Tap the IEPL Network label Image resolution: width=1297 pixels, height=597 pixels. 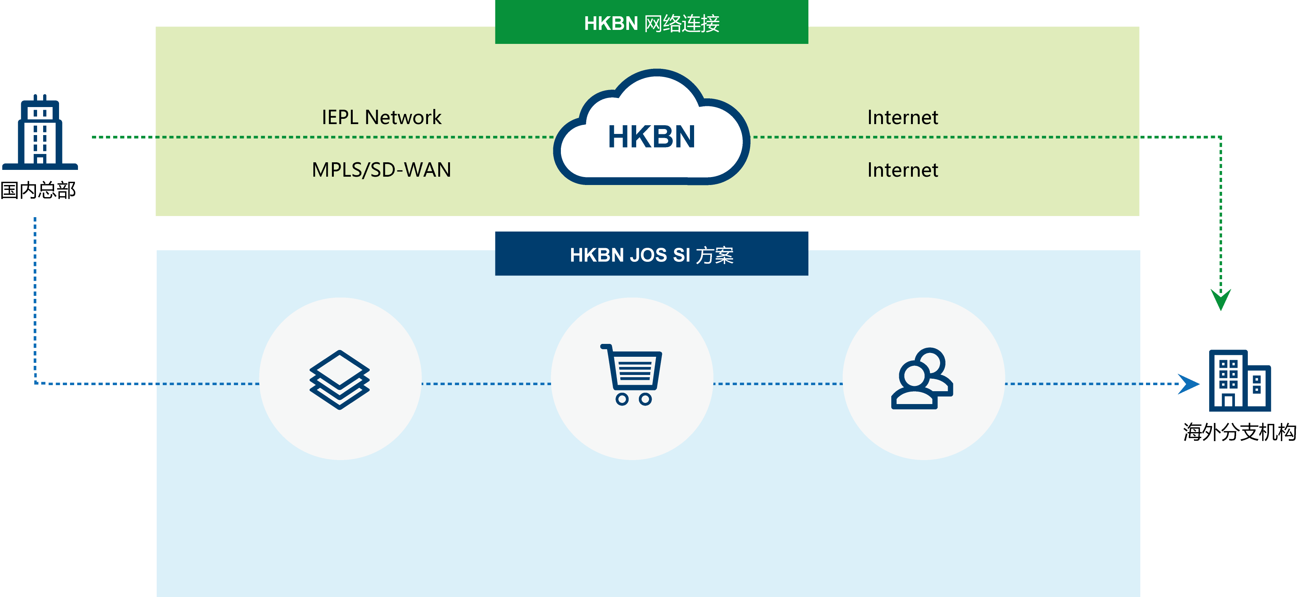[x=381, y=117]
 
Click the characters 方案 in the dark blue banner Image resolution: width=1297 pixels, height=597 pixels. [x=715, y=256]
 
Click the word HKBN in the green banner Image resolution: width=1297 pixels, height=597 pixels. [x=611, y=23]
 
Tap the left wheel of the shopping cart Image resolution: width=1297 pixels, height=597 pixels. [x=622, y=399]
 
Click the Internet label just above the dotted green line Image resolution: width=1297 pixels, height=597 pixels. [x=902, y=117]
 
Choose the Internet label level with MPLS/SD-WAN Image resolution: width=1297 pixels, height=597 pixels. [x=902, y=170]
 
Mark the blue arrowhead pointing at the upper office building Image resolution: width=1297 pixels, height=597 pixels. [x=1189, y=384]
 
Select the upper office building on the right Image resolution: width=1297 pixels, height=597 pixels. [x=1239, y=381]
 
